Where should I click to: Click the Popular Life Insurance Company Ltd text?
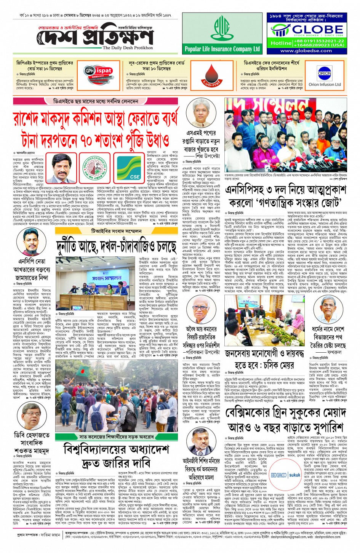(x=222, y=49)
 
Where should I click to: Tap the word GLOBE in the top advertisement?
(x=312, y=29)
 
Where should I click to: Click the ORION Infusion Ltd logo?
(x=325, y=76)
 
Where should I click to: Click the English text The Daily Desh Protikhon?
(x=128, y=48)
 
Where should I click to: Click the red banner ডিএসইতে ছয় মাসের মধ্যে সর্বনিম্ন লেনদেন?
(x=95, y=102)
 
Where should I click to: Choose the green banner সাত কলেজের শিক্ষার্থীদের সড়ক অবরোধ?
(x=116, y=437)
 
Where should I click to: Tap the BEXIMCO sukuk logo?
(x=285, y=475)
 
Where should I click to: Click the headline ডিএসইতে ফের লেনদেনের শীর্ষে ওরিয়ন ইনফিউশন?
(x=271, y=66)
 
